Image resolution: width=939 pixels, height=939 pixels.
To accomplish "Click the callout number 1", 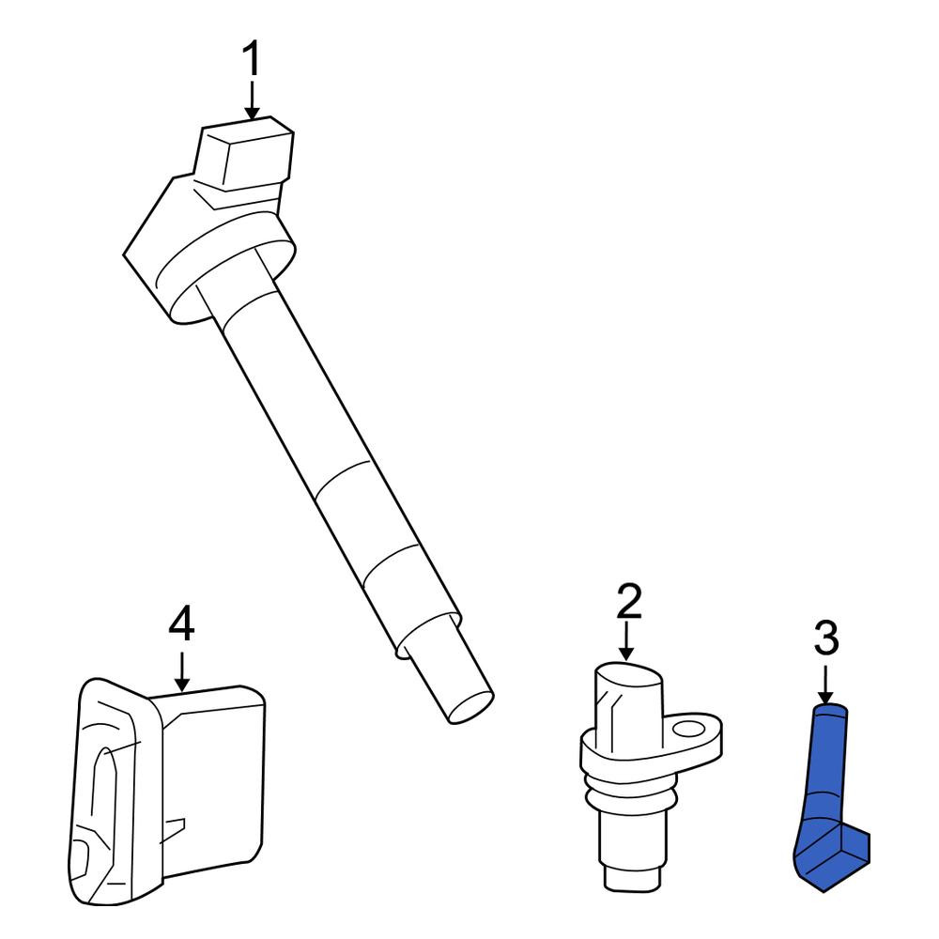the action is [x=252, y=58].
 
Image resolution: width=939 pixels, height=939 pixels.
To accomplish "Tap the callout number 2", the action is [x=629, y=601].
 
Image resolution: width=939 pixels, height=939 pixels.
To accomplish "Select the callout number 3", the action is [x=825, y=639].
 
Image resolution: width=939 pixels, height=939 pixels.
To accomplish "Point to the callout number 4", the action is [x=181, y=623].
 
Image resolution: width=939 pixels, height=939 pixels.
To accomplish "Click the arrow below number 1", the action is [x=252, y=100].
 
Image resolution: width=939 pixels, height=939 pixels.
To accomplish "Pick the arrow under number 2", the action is [x=626, y=641].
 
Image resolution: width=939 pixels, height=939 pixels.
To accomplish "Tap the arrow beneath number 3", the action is [x=825, y=684].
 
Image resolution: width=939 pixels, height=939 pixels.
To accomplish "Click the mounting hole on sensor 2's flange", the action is [x=687, y=729].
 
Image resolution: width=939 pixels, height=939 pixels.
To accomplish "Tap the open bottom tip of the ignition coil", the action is [x=470, y=708].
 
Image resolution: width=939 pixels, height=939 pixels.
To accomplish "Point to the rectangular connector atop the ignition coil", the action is [x=244, y=154].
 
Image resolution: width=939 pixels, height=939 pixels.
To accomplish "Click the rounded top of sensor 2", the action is [x=629, y=673].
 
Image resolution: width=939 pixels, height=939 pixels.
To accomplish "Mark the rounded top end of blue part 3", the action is [x=830, y=710].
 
